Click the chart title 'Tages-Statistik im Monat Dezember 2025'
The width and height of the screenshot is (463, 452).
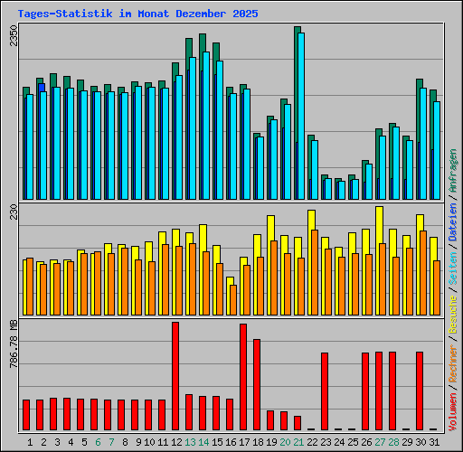tap(137, 14)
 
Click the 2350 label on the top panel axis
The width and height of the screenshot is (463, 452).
tap(13, 37)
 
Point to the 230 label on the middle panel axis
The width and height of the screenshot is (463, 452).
tap(13, 212)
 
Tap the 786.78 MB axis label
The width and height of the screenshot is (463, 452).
tap(13, 344)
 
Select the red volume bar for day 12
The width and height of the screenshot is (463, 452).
tap(175, 375)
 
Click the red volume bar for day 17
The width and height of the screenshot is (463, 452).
tap(243, 376)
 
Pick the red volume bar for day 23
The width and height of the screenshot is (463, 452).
tap(325, 391)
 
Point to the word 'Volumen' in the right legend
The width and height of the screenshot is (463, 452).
tap(453, 410)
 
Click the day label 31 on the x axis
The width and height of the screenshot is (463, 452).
tap(433, 441)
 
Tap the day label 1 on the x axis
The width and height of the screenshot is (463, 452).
tap(31, 441)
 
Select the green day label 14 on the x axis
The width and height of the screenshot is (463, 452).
tap(204, 441)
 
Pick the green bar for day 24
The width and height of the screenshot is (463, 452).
tap(336, 188)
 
